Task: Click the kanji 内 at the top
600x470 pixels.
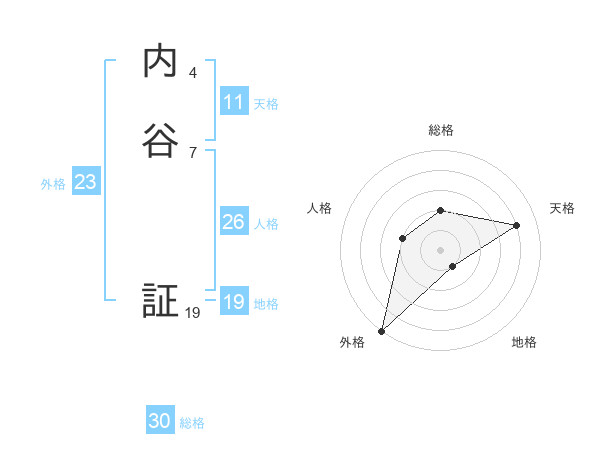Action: pyautogui.click(x=160, y=62)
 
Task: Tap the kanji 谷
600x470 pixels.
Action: pyautogui.click(x=160, y=140)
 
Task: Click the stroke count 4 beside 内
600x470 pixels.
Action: pyautogui.click(x=192, y=73)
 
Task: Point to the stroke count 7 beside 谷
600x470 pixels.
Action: pyautogui.click(x=192, y=152)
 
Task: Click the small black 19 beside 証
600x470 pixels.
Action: pyautogui.click(x=193, y=313)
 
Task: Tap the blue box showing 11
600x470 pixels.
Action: pyautogui.click(x=233, y=102)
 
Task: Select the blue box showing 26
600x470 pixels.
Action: pyautogui.click(x=233, y=222)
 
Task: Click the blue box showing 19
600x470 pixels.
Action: pyautogui.click(x=233, y=302)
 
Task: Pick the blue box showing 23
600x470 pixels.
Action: pyautogui.click(x=85, y=183)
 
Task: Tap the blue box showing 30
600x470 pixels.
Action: pyautogui.click(x=160, y=422)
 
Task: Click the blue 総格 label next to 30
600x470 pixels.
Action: pyautogui.click(x=192, y=423)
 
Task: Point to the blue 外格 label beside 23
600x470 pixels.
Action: pyautogui.click(x=53, y=184)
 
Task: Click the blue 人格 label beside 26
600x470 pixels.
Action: pyautogui.click(x=266, y=224)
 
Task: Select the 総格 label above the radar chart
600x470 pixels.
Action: pyautogui.click(x=441, y=130)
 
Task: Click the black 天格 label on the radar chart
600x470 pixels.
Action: pyautogui.click(x=562, y=208)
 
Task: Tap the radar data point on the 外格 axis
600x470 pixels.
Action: pyautogui.click(x=381, y=330)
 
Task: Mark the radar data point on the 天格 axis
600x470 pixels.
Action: pyautogui.click(x=517, y=225)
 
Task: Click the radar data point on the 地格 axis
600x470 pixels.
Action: pyautogui.click(x=453, y=266)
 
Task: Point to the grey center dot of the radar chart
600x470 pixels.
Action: pyautogui.click(x=441, y=249)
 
